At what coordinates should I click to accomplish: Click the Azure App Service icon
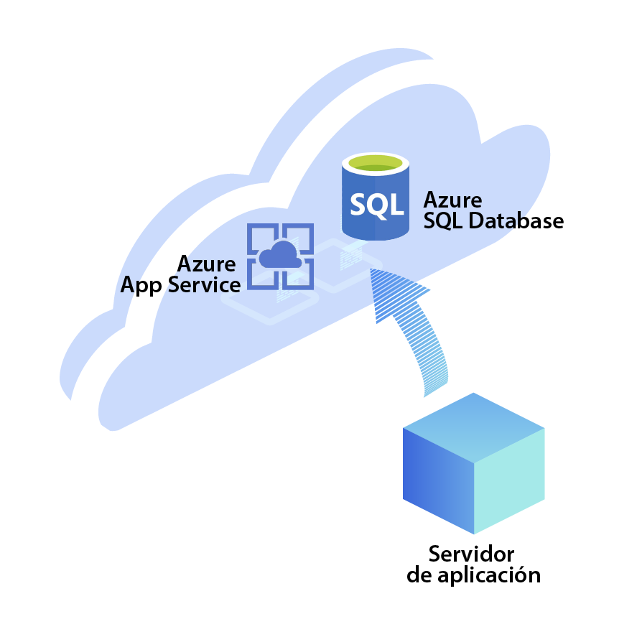(x=281, y=256)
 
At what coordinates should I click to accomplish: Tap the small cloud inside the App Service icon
(x=280, y=255)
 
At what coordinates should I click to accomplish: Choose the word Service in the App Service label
(x=204, y=285)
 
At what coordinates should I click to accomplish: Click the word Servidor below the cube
(x=471, y=554)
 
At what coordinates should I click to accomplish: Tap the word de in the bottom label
(x=419, y=575)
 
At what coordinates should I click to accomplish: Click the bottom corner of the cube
(x=474, y=533)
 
